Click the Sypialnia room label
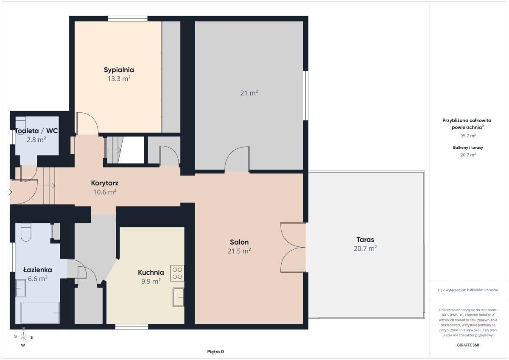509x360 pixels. [119, 70]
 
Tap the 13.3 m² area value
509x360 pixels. [119, 79]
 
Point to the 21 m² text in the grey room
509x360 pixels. [249, 93]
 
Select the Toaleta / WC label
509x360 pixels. [36, 131]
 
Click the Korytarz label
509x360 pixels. [104, 183]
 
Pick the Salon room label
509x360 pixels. [239, 242]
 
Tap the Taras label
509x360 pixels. [365, 240]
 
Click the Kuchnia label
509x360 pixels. [151, 272]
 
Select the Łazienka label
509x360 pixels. [38, 270]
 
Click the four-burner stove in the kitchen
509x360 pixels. [177, 273]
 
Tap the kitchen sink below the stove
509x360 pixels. [179, 297]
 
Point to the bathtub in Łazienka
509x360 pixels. [40, 313]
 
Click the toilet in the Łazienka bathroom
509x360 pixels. [26, 232]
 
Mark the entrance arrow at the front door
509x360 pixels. [9, 192]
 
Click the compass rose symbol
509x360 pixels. [23, 337]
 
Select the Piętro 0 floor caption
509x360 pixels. [215, 352]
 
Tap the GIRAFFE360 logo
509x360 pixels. [468, 345]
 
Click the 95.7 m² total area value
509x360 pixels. [468, 136]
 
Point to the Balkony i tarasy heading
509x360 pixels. [468, 148]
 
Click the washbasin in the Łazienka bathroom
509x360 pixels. [21, 288]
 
